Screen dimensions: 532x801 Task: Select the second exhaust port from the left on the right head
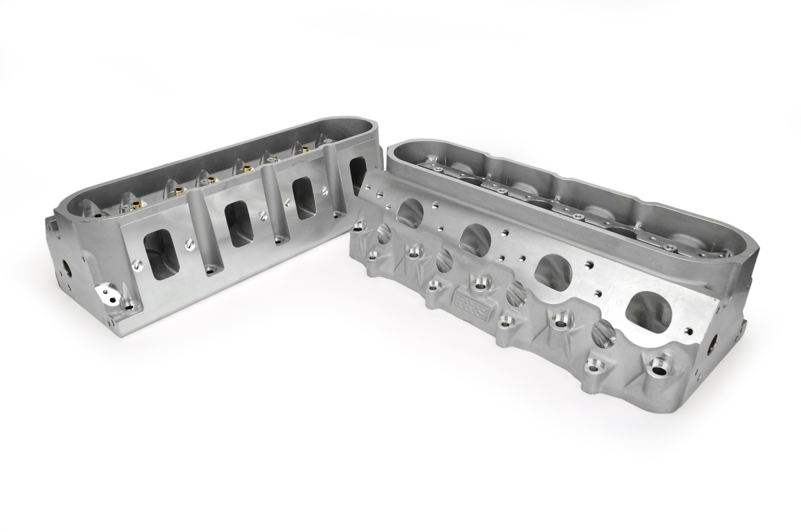475,239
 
